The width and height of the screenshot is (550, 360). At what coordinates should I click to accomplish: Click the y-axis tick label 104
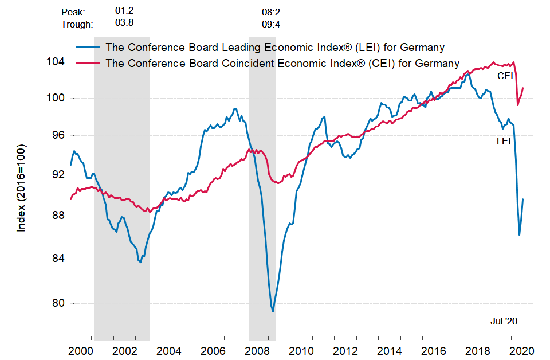[x=56, y=62]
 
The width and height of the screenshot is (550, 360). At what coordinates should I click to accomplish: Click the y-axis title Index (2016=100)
[x=22, y=188]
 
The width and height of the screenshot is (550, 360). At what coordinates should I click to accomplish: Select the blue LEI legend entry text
[x=275, y=47]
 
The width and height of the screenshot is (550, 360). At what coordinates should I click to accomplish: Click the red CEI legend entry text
[x=282, y=63]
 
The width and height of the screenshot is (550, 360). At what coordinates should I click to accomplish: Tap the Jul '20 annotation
[x=504, y=322]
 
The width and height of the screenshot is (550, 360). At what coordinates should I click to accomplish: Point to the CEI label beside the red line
[x=505, y=75]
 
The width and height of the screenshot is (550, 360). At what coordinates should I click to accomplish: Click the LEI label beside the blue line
[x=504, y=141]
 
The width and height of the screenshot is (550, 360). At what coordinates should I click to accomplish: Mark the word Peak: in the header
[x=73, y=11]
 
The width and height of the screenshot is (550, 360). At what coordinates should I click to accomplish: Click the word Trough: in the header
[x=77, y=24]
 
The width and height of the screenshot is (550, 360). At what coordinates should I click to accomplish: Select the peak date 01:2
[x=124, y=11]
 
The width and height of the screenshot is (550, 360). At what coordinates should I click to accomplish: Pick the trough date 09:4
[x=270, y=24]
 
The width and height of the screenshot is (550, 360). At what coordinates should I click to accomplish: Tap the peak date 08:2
[x=270, y=11]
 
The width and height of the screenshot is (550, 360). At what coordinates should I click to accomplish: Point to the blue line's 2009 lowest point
[x=273, y=311]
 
